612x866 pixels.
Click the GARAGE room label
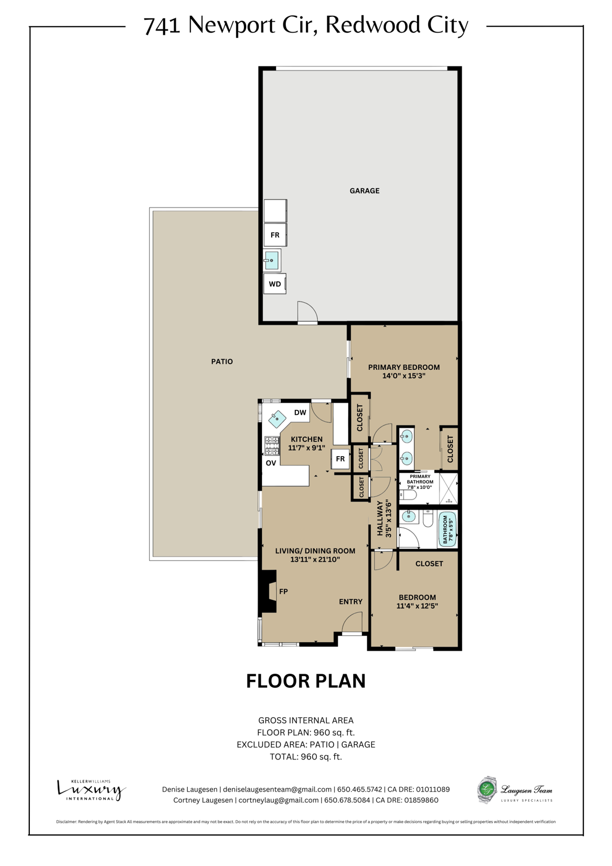pyautogui.click(x=364, y=191)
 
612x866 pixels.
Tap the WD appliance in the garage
pyautogui.click(x=274, y=284)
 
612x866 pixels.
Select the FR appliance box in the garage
pyautogui.click(x=275, y=235)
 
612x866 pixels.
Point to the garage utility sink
pyautogui.click(x=272, y=260)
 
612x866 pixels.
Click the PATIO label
pyautogui.click(x=221, y=361)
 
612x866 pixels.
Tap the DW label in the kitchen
pyautogui.click(x=300, y=413)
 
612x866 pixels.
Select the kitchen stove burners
pyautogui.click(x=272, y=445)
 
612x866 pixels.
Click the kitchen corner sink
pyautogui.click(x=277, y=419)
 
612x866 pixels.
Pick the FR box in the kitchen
pyautogui.click(x=340, y=459)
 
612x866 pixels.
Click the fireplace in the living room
pyautogui.click(x=269, y=591)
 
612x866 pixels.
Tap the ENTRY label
pyautogui.click(x=351, y=602)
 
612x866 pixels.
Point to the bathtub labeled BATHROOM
pyautogui.click(x=447, y=529)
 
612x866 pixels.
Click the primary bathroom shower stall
pyautogui.click(x=449, y=488)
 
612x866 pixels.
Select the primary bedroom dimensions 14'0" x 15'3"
pyautogui.click(x=403, y=375)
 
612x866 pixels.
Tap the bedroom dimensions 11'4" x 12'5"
pyautogui.click(x=417, y=606)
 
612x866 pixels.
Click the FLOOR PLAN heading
pyautogui.click(x=305, y=681)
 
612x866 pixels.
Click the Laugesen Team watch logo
pyautogui.click(x=487, y=789)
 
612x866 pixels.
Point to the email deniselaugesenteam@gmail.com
pyautogui.click(x=277, y=789)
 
